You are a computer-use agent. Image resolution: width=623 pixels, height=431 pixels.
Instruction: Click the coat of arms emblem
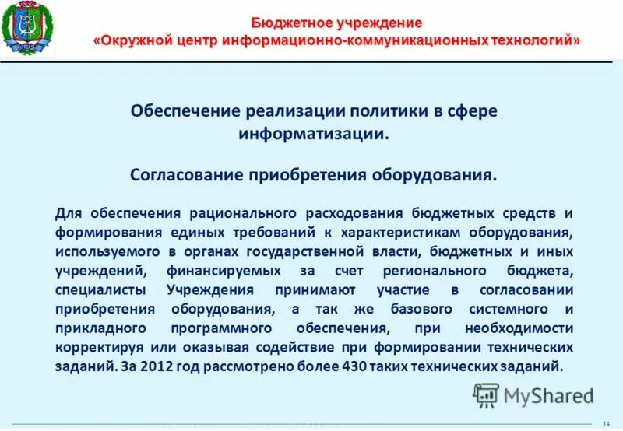tap(27, 30)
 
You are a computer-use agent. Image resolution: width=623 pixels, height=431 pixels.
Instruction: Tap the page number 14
tap(606, 422)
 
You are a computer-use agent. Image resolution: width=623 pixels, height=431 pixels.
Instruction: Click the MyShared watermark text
tap(548, 396)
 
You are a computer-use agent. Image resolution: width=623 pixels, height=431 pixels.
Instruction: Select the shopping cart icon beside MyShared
tap(486, 395)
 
